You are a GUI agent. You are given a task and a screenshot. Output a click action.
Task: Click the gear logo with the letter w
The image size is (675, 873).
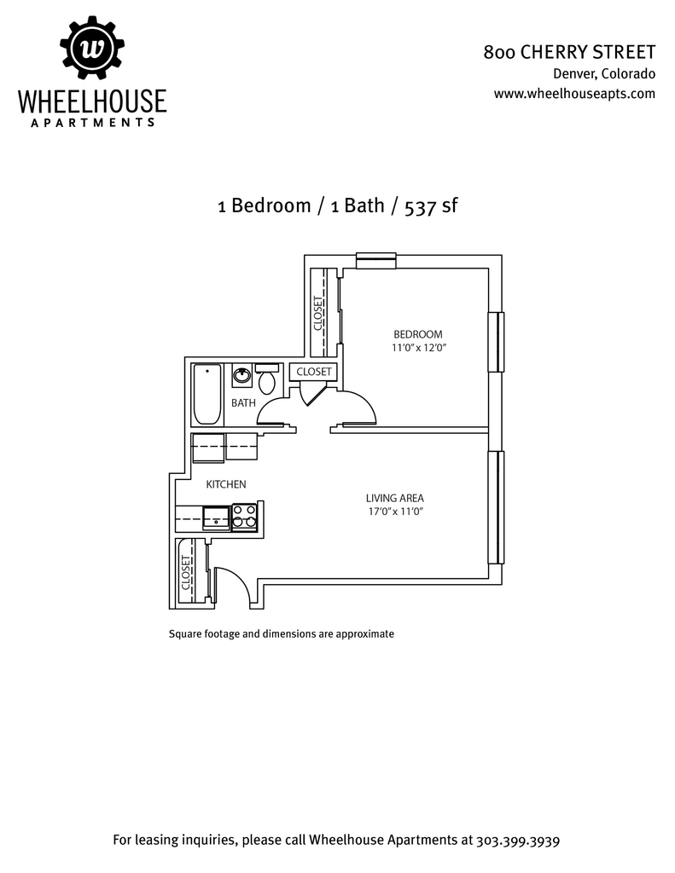[x=92, y=49]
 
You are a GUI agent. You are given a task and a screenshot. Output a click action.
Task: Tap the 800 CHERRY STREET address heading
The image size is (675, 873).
[x=569, y=52]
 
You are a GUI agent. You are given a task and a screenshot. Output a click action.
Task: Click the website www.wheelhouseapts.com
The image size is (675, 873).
[x=574, y=94]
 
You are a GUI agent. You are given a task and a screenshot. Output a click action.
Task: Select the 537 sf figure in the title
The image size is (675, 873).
[x=431, y=206]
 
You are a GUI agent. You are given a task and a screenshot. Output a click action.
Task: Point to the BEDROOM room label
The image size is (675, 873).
[x=418, y=334]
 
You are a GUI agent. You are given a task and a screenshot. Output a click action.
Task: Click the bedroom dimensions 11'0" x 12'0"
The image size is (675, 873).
[x=419, y=348]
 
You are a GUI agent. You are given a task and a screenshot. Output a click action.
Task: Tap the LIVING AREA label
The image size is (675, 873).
[x=394, y=498]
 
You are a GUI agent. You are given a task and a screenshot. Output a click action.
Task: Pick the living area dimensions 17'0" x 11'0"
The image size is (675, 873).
[x=396, y=512]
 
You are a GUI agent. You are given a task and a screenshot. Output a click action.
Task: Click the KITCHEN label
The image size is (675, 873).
[x=226, y=484]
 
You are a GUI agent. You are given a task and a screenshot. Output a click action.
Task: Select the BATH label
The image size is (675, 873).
[x=243, y=402]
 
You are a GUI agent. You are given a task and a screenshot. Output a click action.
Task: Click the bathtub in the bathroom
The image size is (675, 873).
[x=207, y=394]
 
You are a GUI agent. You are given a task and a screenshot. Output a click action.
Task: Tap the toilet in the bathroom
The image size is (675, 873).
[x=267, y=378]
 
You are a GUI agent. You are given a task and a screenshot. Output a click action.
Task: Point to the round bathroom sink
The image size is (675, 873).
[x=241, y=376]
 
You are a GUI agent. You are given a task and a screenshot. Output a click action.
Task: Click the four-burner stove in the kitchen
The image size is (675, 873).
[x=244, y=517]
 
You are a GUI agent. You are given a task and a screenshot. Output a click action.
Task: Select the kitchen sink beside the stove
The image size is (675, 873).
[x=216, y=517]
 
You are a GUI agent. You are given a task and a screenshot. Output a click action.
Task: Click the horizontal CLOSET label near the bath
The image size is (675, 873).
[x=314, y=372]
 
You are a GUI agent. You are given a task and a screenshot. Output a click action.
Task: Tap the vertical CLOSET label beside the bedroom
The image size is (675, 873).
[x=318, y=314]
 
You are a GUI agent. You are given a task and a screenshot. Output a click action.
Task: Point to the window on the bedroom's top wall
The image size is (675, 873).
[x=375, y=261]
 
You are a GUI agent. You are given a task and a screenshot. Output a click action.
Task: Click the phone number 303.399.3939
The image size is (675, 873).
[x=518, y=840]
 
